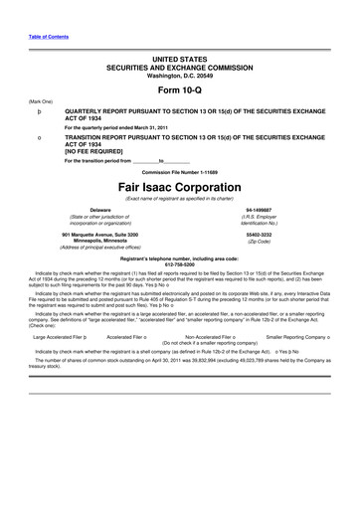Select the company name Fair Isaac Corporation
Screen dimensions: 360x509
(180, 186)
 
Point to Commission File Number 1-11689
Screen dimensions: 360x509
(180, 171)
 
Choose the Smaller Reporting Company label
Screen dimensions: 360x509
(295, 336)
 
